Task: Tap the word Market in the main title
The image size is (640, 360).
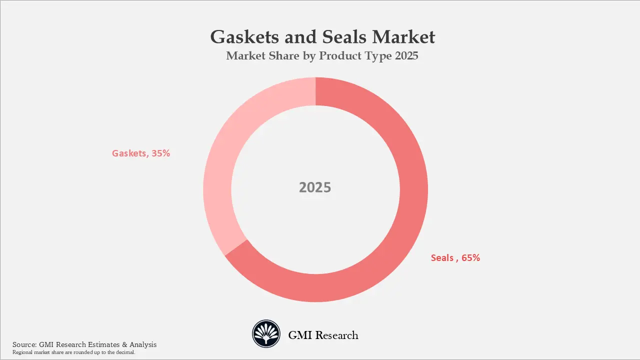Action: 405,37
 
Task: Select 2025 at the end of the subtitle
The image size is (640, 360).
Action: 406,56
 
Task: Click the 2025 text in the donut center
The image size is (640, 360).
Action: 315,187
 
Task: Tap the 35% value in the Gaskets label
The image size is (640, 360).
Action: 160,153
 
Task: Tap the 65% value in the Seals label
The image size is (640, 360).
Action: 470,258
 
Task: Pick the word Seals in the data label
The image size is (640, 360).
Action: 442,258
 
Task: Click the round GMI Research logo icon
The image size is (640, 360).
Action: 266,334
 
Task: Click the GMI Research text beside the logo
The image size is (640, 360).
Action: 323,335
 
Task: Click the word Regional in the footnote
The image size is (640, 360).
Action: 22,352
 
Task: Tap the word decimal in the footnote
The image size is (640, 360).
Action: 126,352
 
